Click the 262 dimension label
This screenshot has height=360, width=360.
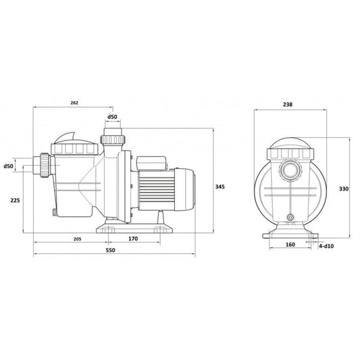(x=74, y=103)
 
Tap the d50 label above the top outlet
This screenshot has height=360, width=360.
(x=112, y=117)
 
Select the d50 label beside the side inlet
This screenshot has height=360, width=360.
(x=8, y=165)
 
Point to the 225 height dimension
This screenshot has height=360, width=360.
(x=15, y=200)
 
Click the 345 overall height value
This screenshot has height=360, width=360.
(x=220, y=186)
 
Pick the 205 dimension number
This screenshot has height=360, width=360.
(x=78, y=239)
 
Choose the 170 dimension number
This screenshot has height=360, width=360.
(x=133, y=239)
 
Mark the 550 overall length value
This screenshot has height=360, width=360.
(x=111, y=251)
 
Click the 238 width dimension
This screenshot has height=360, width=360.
(x=288, y=105)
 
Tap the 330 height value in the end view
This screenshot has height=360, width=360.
(x=344, y=188)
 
